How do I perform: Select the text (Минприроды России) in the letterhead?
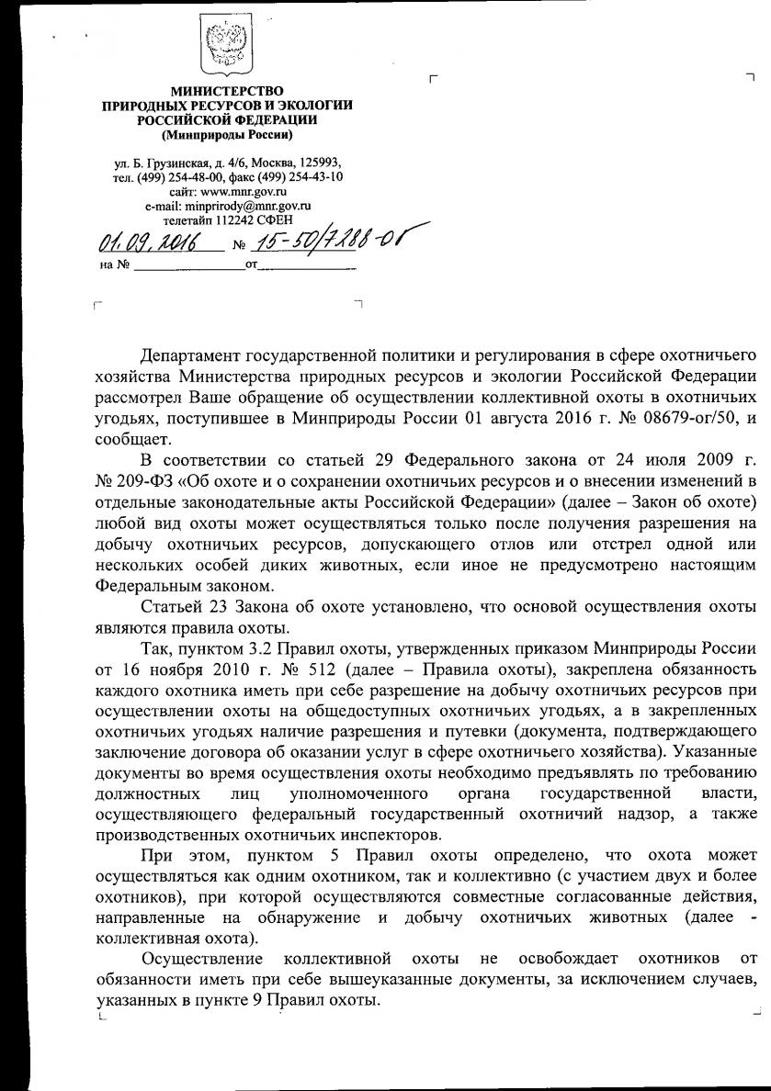click(227, 135)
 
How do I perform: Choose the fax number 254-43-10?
click(312, 177)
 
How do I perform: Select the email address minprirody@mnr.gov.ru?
click(251, 207)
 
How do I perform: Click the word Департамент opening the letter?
click(193, 354)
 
